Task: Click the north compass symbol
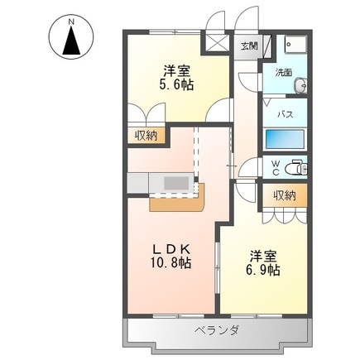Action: coord(73,39)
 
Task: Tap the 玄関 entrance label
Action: coord(250,46)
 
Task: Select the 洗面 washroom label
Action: coord(284,72)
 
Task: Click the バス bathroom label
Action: coord(282,113)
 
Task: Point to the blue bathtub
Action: coord(286,139)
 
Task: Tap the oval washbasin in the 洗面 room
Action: coord(302,84)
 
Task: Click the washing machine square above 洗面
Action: coord(293,47)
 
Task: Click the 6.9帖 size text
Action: coord(262,270)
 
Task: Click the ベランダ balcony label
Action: coord(218,330)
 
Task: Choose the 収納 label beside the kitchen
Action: coord(146,136)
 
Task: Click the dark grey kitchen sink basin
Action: coord(176,181)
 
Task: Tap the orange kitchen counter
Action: coord(175,201)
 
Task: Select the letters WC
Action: coord(276,166)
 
